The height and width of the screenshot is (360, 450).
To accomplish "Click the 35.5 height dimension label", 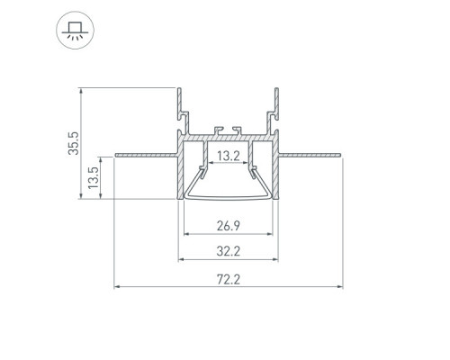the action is [x=74, y=143].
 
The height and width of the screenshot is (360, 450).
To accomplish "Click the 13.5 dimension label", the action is [x=94, y=177].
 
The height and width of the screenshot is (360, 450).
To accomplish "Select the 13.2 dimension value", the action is [x=229, y=156].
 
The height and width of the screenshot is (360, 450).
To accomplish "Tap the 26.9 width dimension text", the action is [x=229, y=226].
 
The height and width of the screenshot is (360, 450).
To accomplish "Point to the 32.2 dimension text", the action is [x=229, y=251].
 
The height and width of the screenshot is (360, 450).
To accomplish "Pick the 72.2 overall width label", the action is [x=229, y=280].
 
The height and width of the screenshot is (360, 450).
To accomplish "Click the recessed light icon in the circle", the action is [x=75, y=31].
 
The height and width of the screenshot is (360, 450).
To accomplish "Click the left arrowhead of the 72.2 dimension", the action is [x=117, y=287].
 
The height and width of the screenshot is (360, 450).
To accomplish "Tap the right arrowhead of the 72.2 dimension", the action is [x=339, y=287].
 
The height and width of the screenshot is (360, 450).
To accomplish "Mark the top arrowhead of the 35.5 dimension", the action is [x=80, y=91].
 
